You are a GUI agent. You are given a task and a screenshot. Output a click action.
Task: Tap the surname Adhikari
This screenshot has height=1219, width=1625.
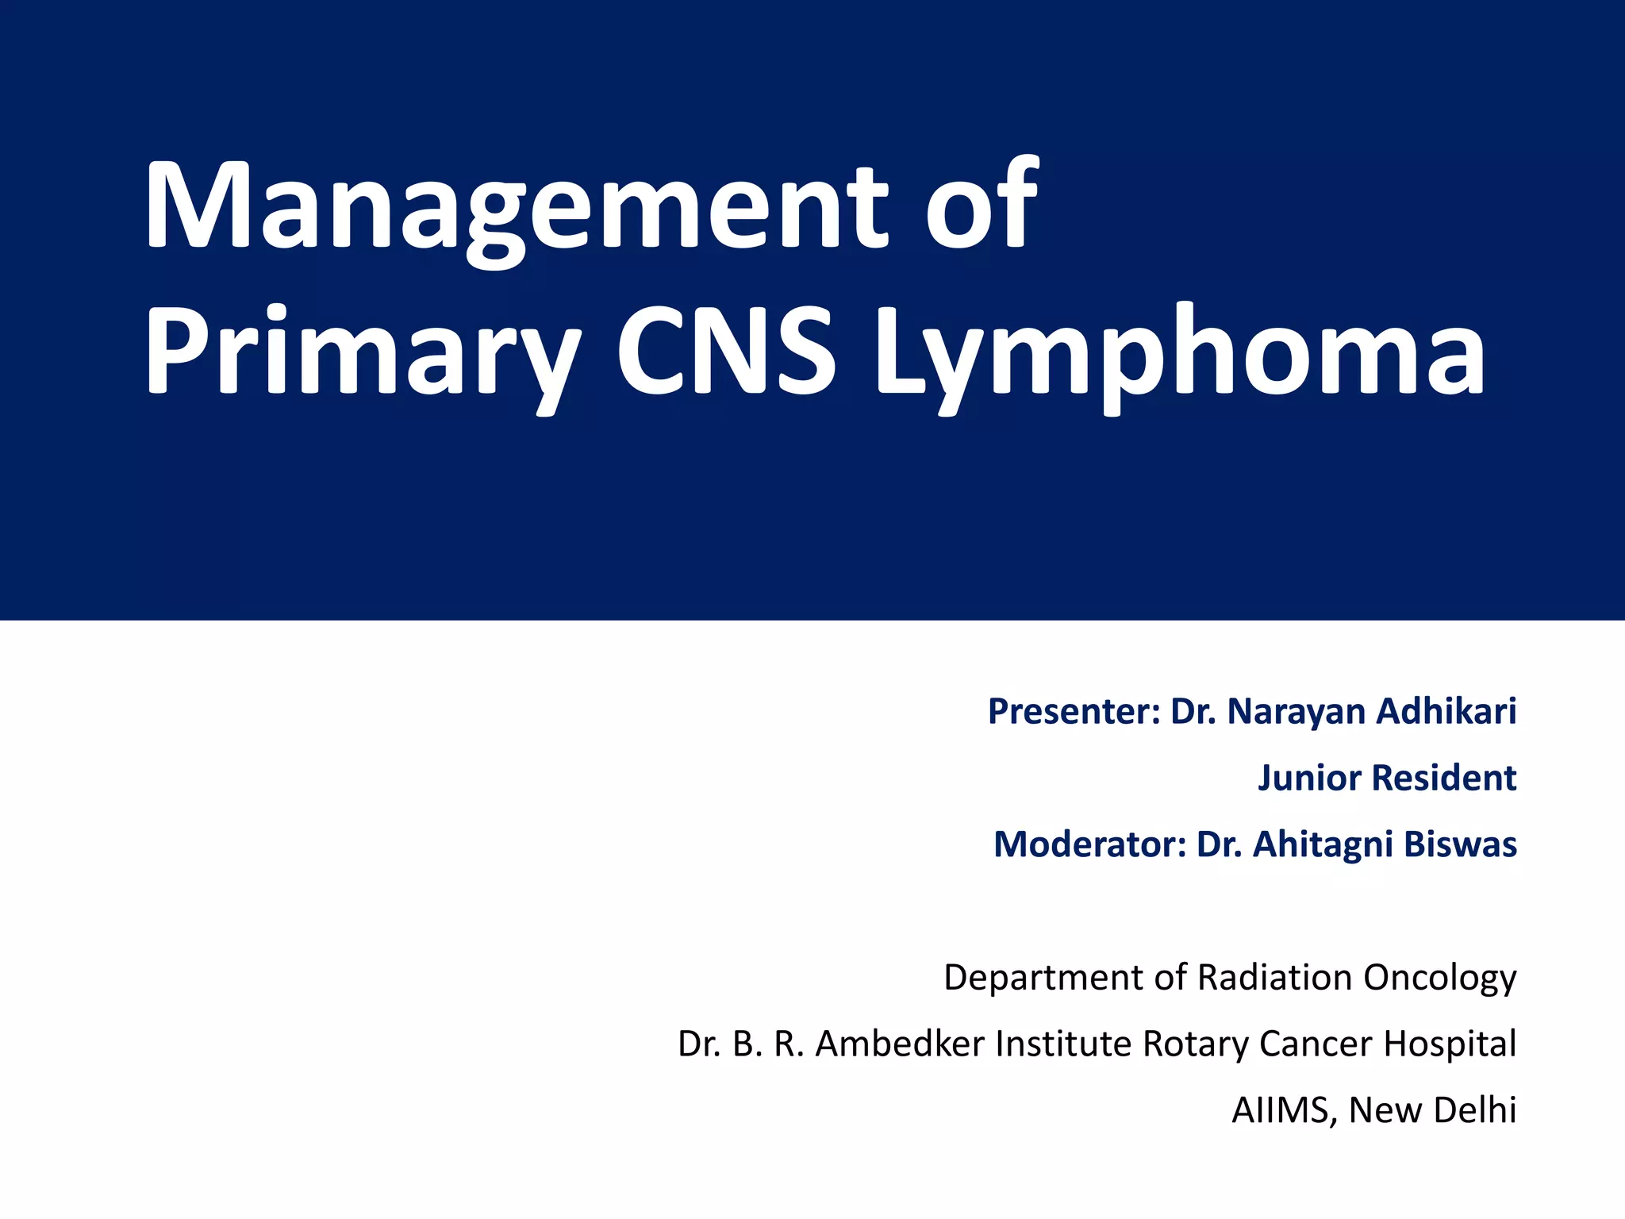tap(1446, 711)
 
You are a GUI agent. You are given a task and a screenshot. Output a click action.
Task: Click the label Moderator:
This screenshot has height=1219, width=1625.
tap(1089, 844)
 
